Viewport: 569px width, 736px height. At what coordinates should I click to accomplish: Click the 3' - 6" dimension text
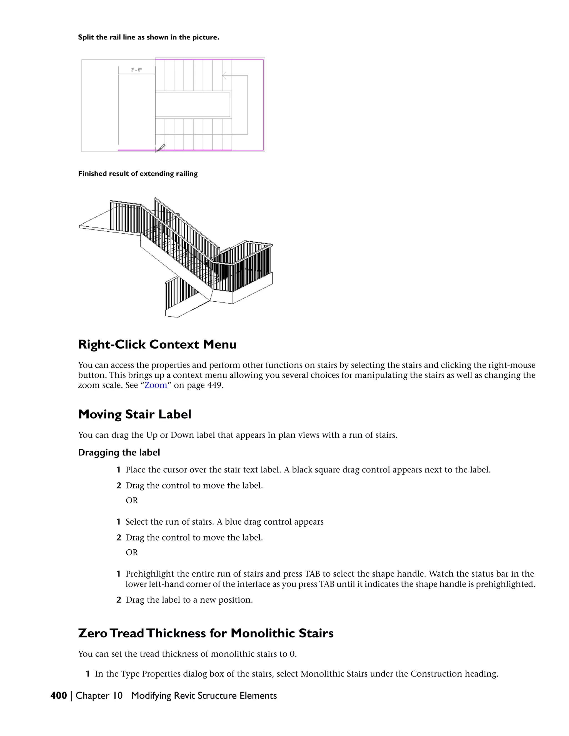pos(136,70)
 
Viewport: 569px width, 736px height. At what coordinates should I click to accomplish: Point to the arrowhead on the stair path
pos(223,76)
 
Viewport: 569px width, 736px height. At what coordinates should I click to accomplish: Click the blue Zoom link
pos(156,385)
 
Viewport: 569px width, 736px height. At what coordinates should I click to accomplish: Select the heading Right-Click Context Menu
pos(157,344)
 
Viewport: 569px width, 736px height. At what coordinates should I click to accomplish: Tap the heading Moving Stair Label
pos(134,414)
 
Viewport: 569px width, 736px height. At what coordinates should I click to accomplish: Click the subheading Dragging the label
pos(119,453)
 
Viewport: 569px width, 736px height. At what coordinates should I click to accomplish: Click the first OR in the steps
pos(132,500)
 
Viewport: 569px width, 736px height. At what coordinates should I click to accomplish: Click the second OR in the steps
pos(132,552)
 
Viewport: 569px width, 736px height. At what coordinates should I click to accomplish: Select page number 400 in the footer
pos(59,695)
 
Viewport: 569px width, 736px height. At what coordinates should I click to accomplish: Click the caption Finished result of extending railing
pos(138,174)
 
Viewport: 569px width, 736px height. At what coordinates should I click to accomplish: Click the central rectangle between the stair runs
pos(193,105)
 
